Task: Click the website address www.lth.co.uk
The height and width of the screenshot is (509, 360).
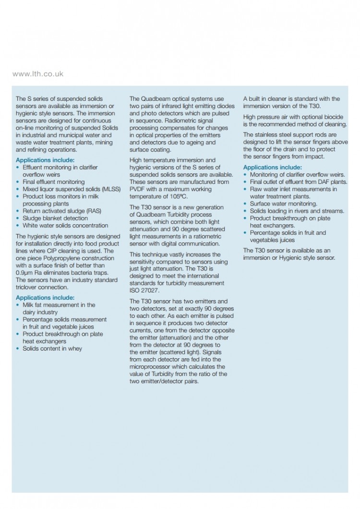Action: pyautogui.click(x=37, y=74)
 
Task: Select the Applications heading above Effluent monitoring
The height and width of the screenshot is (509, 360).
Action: pyautogui.click(x=45, y=160)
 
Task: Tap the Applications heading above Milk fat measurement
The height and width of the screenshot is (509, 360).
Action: pyautogui.click(x=45, y=298)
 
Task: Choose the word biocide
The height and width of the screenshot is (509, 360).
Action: pyautogui.click(x=333, y=117)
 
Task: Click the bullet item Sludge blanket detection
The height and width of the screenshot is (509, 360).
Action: pyautogui.click(x=55, y=218)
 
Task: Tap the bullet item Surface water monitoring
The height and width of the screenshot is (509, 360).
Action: pyautogui.click(x=283, y=204)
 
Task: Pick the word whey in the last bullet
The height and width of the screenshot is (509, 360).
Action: pyautogui.click(x=75, y=349)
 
